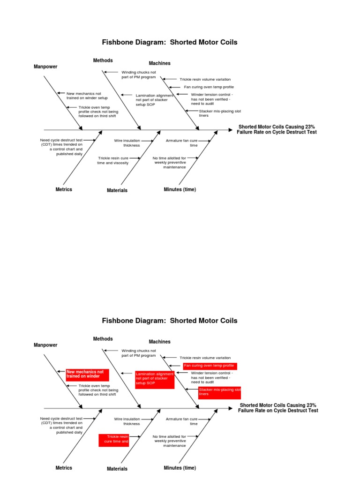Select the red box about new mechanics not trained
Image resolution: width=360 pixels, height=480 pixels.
88,374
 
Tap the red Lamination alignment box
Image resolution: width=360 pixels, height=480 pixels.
155,379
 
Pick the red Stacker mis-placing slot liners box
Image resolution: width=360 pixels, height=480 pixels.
219,392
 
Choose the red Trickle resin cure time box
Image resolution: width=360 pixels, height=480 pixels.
114,440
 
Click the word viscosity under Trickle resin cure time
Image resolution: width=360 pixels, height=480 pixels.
121,163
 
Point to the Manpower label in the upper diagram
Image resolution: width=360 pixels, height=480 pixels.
45,67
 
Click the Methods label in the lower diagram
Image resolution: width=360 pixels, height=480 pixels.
103,339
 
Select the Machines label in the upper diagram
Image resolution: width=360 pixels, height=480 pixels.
160,63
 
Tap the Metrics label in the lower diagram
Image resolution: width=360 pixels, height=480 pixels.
64,468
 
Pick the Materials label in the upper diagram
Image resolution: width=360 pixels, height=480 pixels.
117,190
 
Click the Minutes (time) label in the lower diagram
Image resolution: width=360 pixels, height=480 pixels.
180,468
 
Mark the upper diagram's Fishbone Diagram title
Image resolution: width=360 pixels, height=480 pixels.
170,43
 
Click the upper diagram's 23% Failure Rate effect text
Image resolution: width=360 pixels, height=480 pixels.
277,129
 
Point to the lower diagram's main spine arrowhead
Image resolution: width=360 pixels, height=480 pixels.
230,408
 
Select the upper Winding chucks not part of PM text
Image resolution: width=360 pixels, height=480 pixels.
139,75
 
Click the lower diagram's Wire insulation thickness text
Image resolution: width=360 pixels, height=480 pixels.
127,421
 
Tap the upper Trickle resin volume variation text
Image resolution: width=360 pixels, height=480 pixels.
205,80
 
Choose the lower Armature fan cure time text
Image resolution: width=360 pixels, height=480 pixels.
182,421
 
